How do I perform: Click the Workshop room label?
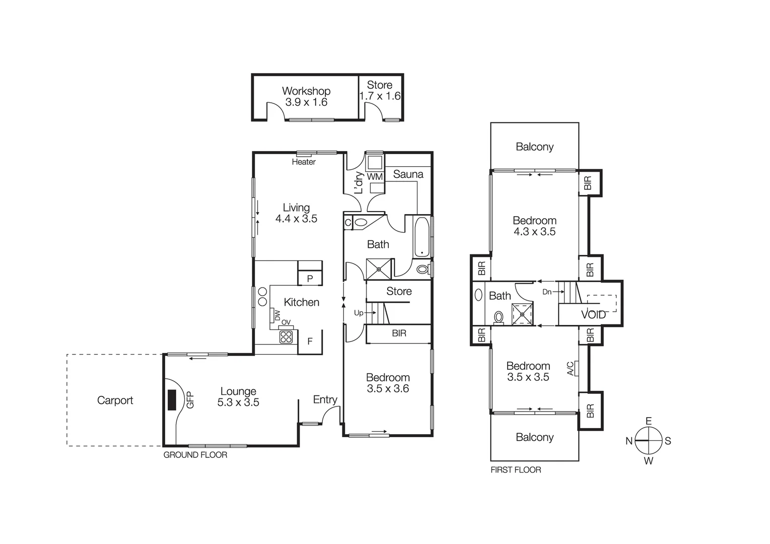306,91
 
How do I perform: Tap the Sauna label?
408,174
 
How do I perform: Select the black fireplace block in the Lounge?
172,400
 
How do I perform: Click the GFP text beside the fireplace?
190,400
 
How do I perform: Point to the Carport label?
115,400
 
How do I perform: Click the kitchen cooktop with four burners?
286,337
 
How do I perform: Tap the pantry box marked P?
310,279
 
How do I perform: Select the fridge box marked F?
310,342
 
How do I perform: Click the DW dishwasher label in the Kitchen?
277,315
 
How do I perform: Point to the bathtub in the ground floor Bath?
422,237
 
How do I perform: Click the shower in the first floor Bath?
522,314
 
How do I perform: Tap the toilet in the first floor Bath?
498,317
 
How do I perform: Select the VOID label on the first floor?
593,315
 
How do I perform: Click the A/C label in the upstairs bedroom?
571,369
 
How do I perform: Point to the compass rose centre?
648,441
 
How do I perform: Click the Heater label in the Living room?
304,162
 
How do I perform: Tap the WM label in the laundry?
375,177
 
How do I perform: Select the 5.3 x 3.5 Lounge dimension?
238,402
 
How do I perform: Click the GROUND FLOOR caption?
195,455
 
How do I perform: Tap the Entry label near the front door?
325,399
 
